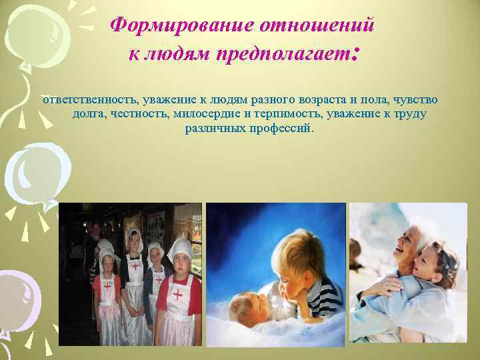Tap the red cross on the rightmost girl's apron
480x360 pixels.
178,294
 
